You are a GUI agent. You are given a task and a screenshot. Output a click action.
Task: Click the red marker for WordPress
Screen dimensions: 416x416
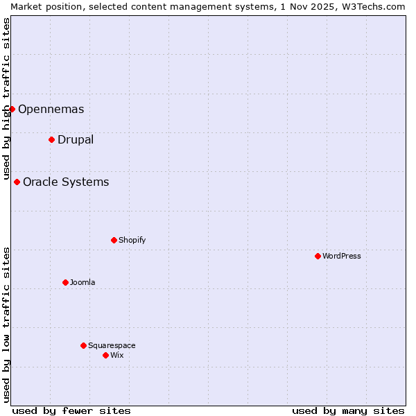[318, 256]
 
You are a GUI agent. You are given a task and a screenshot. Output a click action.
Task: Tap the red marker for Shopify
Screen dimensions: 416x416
[114, 240]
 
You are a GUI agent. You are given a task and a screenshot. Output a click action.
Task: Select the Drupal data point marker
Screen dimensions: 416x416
[51, 139]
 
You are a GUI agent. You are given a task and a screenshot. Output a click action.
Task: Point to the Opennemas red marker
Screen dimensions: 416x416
[12, 109]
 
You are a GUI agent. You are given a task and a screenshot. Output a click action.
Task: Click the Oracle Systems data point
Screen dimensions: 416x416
[17, 182]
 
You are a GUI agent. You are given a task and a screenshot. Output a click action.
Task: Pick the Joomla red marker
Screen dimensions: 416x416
[65, 282]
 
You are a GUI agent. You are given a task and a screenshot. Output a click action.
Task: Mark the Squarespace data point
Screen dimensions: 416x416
[83, 345]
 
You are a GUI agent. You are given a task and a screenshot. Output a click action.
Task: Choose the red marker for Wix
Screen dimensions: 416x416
[105, 355]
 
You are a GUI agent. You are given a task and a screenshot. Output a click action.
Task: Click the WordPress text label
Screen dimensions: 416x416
[342, 256]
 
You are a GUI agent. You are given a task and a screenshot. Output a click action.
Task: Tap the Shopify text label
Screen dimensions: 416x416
[132, 240]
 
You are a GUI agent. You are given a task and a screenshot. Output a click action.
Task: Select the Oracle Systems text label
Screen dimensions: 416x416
[66, 182]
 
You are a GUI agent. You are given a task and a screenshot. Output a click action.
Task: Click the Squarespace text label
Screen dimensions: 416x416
[112, 345]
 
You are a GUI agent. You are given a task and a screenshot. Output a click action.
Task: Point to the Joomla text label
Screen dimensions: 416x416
[83, 282]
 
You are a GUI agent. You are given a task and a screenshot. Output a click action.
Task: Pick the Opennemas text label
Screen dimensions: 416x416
[51, 109]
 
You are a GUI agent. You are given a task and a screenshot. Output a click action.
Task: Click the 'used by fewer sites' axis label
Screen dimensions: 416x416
[71, 410]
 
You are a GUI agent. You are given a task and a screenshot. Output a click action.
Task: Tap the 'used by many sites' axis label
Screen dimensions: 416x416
[348, 410]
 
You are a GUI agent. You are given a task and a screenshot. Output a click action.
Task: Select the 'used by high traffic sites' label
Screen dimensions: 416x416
[6, 98]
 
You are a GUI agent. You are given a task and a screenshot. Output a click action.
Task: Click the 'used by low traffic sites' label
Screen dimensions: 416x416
[6, 324]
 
